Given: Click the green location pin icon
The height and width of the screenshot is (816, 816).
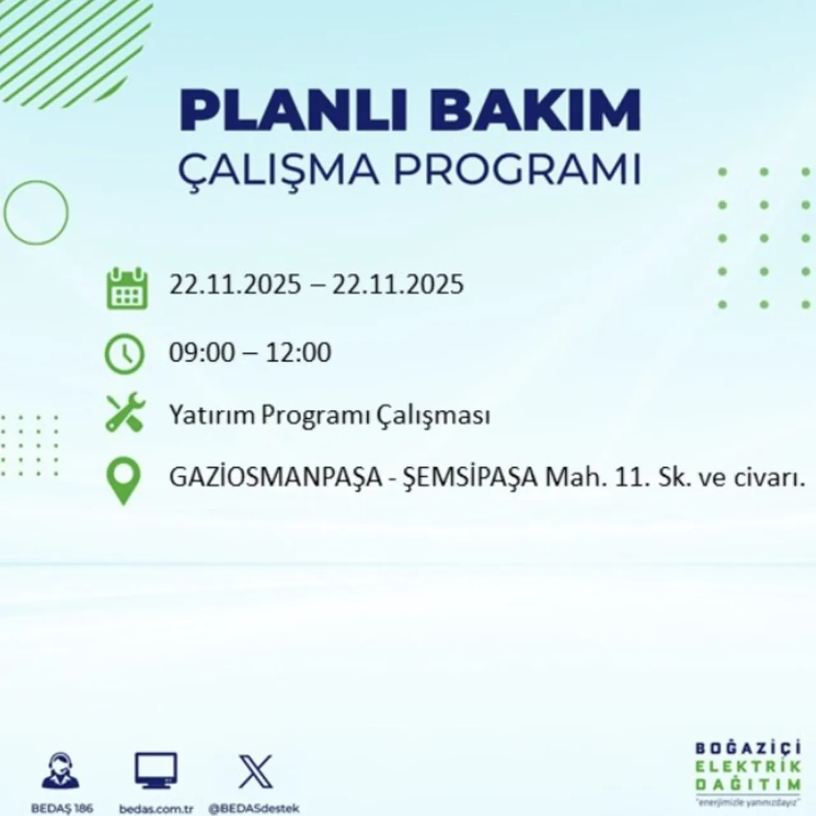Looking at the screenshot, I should (123, 483).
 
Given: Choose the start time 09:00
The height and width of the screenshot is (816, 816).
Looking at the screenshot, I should (201, 353).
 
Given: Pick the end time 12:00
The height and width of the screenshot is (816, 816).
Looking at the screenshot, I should (298, 353).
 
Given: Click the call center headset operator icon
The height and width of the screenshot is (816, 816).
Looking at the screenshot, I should (61, 771).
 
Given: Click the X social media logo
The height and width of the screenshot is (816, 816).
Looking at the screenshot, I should (256, 771).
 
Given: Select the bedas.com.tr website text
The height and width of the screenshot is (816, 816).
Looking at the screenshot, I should (156, 808).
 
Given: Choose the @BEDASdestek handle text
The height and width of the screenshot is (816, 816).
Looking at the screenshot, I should (254, 808).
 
